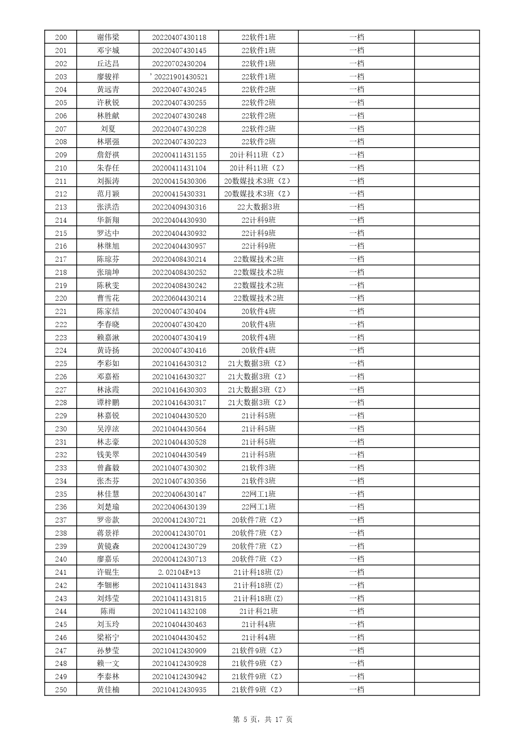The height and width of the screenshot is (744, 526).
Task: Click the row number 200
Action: coord(61,37)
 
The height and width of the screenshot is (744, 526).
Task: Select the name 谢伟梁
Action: coord(108,37)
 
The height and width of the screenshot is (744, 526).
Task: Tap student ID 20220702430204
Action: coord(179,64)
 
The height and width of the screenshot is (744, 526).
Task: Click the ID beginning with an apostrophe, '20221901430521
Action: coord(179,77)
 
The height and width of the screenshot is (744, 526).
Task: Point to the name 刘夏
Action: coord(108,129)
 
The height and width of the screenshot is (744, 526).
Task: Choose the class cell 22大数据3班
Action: coord(259,207)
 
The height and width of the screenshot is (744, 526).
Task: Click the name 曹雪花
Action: coord(108,298)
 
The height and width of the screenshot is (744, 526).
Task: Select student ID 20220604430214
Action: coord(179,298)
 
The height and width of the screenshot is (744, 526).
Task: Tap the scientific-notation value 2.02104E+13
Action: coord(179,572)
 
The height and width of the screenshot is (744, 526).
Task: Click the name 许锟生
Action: coord(108,572)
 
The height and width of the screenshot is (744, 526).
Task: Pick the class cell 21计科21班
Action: coord(259,611)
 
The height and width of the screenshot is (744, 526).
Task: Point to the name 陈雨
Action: coord(108,611)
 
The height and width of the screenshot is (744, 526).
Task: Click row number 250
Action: coord(61,690)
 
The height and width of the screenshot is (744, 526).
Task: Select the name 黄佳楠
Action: coord(108,690)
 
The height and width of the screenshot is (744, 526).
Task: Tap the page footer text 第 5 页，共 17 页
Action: coord(263,719)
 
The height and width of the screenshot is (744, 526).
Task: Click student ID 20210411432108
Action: coord(179,611)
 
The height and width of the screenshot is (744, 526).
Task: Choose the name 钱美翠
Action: coord(108,455)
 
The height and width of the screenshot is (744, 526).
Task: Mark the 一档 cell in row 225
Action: coord(356,364)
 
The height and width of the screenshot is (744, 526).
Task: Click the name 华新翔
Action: coord(108,220)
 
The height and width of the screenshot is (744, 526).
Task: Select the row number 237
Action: coord(61,520)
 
